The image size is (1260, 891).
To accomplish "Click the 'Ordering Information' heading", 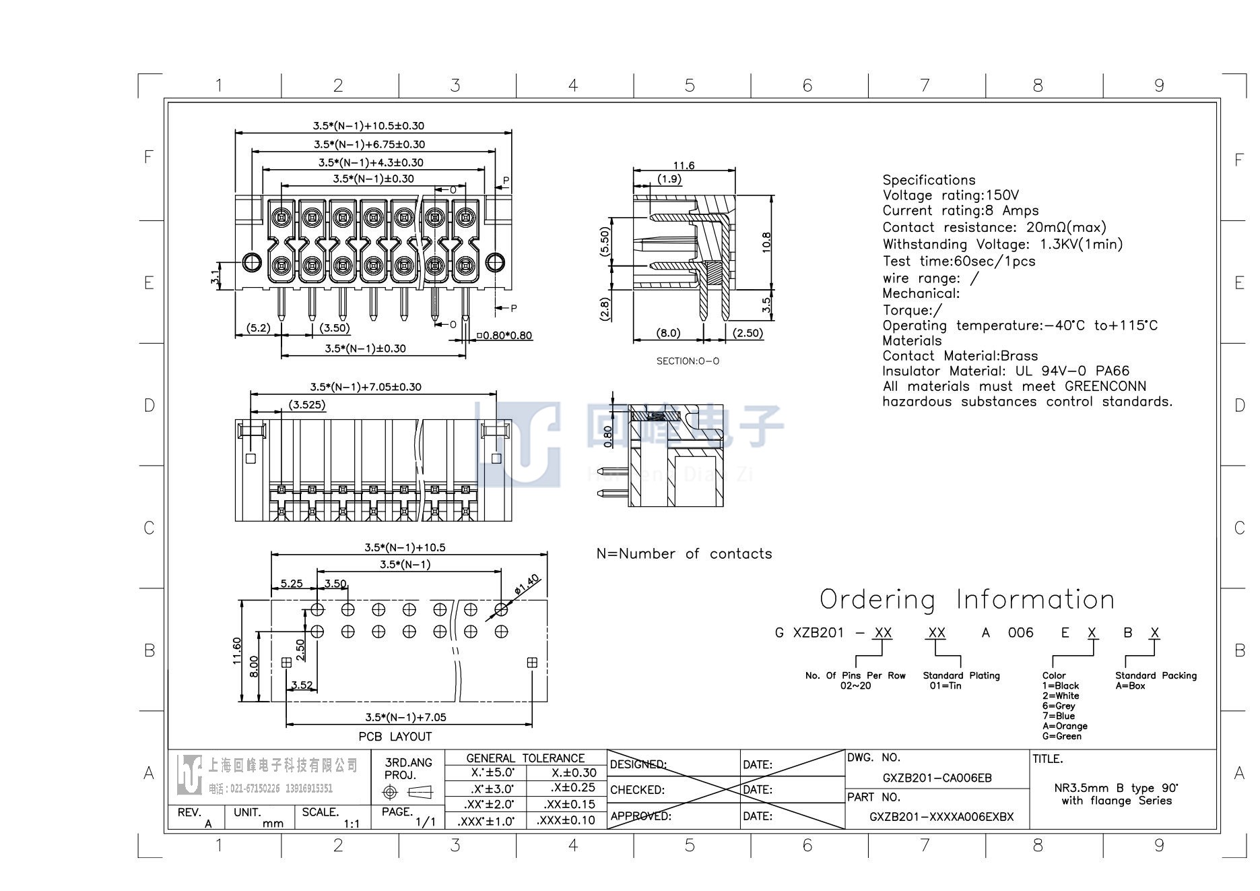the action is (x=967, y=599).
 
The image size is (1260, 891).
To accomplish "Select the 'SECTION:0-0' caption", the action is (x=688, y=361).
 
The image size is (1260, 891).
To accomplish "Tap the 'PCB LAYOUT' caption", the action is (x=395, y=737).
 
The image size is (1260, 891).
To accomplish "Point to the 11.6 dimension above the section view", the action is (x=684, y=165).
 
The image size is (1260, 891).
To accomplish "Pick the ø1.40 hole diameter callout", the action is (x=527, y=584).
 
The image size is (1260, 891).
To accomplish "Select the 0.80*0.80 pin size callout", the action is (x=504, y=336).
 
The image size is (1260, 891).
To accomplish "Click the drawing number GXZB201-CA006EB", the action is (x=937, y=778).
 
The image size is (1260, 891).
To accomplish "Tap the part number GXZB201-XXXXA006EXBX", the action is (x=941, y=817).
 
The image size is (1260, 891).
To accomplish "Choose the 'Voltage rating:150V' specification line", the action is (x=951, y=195).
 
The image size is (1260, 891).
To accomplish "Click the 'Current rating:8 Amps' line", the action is (x=960, y=211).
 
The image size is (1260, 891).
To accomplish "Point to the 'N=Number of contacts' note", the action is (x=684, y=554).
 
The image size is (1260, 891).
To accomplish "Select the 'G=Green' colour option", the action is (x=1062, y=736).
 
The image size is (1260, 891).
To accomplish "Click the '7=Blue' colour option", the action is (x=1059, y=716).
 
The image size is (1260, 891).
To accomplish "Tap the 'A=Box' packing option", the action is (x=1130, y=685).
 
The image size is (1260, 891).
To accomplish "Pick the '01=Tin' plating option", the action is (x=946, y=685).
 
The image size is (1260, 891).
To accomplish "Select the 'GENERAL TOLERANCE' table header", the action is (x=525, y=758).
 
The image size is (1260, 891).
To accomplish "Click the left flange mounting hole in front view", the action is (x=251, y=262).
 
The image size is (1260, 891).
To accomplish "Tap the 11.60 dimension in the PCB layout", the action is (x=237, y=651).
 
